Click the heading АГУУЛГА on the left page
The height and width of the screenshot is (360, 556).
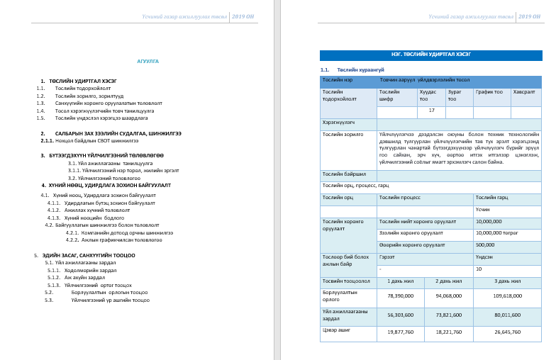pyautogui.click(x=148, y=62)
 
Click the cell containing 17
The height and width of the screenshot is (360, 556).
pyautogui.click(x=430, y=111)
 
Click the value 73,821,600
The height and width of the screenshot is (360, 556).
pyautogui.click(x=447, y=315)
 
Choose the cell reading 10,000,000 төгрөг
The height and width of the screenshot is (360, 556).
pyautogui.click(x=498, y=232)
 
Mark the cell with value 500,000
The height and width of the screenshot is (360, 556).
pyautogui.click(x=485, y=244)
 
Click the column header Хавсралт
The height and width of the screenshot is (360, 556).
pyautogui.click(x=524, y=92)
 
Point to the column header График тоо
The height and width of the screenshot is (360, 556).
pyautogui.click(x=489, y=92)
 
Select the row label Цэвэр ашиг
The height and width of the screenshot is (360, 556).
pyautogui.click(x=334, y=330)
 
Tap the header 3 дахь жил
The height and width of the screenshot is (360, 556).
pyautogui.click(x=506, y=281)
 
